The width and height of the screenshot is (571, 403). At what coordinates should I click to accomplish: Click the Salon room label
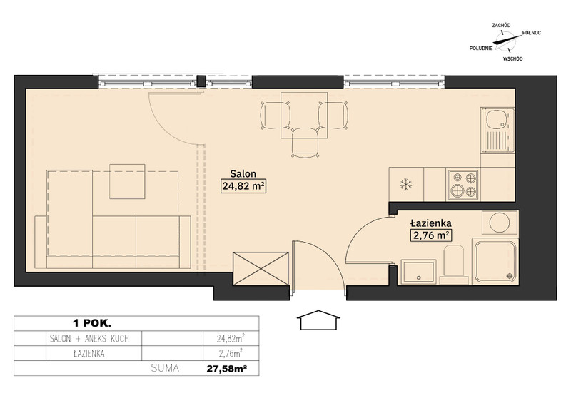243,173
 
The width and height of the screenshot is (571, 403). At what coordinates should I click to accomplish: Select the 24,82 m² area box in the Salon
243,186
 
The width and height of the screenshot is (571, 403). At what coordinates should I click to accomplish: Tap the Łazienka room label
431,223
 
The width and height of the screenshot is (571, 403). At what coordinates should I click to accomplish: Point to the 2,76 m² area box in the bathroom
431,235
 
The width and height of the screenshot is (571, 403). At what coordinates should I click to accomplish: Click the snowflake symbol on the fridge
405,184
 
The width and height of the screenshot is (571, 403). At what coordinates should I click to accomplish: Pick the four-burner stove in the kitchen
463,185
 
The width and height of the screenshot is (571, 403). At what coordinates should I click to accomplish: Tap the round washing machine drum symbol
499,222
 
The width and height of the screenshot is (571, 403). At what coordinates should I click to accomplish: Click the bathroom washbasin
418,272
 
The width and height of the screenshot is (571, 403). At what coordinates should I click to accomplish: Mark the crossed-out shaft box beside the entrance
261,269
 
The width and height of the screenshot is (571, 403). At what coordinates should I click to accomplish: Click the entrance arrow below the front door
318,320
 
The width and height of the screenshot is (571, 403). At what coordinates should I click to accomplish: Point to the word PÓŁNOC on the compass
531,33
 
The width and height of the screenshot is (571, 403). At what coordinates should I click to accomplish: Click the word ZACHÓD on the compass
501,25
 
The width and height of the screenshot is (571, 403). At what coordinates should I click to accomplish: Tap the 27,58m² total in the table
227,369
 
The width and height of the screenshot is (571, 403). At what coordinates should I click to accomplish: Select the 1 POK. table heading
92,323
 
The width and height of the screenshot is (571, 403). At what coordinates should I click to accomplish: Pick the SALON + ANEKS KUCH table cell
89,339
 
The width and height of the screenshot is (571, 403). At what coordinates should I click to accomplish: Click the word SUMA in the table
165,368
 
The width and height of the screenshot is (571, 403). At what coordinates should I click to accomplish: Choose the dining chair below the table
306,143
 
